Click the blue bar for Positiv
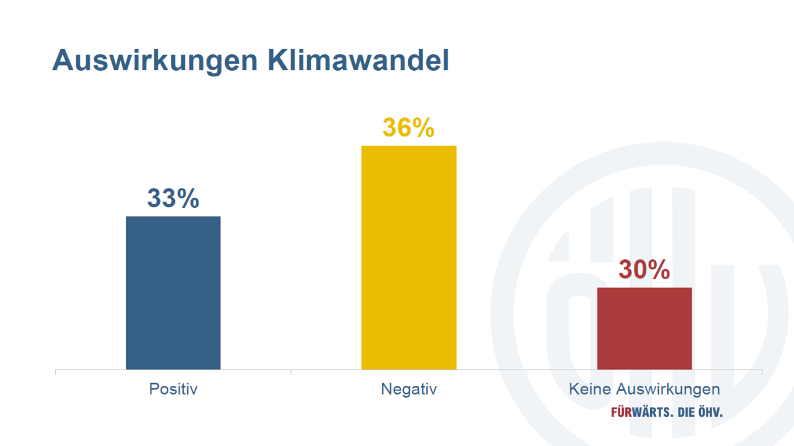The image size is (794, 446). click(173, 293)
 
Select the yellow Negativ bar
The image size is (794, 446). click(409, 257)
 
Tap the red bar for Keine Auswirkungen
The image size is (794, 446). click(645, 328)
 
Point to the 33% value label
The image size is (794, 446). click(173, 198)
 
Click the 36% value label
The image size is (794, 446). click(408, 128)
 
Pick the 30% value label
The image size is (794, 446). click(645, 270)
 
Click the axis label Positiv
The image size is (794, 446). click(173, 390)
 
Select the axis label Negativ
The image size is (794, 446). click(409, 390)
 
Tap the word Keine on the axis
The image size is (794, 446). click(590, 390)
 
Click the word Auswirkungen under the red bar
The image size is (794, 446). click(667, 390)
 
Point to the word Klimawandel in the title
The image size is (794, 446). click(359, 60)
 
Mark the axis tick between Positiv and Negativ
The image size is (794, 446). click(291, 372)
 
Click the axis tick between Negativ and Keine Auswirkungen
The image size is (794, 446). click(527, 372)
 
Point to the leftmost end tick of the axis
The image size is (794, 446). click(56, 372)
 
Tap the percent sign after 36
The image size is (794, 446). click(424, 128)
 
